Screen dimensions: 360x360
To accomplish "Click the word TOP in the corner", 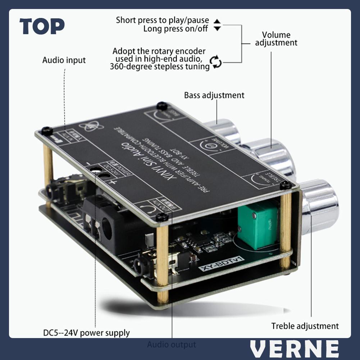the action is (42, 27).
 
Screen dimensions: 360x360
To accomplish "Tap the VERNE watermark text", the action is (295, 349).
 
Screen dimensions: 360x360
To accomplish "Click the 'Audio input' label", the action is (64, 60).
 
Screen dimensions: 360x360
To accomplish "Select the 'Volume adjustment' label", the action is (276, 39).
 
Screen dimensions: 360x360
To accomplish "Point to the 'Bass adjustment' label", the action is (214, 95).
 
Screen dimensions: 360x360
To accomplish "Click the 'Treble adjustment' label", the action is (305, 326).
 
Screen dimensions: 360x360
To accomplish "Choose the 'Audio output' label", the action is (172, 345).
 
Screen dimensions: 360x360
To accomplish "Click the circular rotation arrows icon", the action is (216, 62).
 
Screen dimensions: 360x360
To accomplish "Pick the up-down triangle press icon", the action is (217, 24).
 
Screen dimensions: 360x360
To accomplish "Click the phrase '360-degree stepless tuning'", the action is (160, 67).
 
